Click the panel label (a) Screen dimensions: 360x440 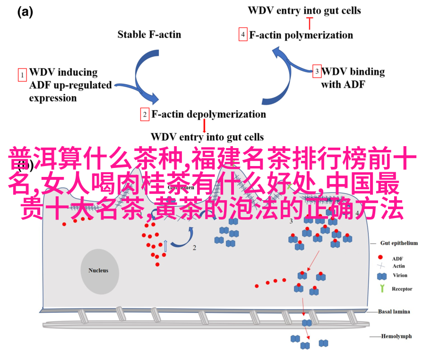point(25,13)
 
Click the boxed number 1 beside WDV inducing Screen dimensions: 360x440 point(22,75)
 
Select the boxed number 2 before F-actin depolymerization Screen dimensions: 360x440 point(145,114)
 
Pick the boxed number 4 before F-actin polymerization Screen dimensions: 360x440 point(243,35)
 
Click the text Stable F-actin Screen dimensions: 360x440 point(149,34)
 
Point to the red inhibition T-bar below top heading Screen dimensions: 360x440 point(310,22)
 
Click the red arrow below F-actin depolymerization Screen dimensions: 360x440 point(204,125)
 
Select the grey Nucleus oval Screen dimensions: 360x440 point(99,271)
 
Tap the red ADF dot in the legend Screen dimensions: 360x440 point(380,258)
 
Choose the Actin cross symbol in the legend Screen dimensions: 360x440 point(380,266)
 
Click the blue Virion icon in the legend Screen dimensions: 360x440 point(381,276)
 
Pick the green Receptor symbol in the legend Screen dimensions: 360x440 point(381,289)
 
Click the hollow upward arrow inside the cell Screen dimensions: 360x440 point(165,246)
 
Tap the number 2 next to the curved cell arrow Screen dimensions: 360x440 point(194,247)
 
